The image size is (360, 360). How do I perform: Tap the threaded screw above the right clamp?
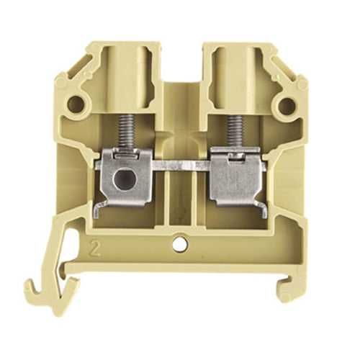[x=234, y=130]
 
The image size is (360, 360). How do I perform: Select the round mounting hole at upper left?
[x=76, y=106]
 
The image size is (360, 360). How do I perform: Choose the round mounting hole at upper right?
[x=286, y=106]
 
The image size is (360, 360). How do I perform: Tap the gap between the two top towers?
[x=179, y=61]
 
